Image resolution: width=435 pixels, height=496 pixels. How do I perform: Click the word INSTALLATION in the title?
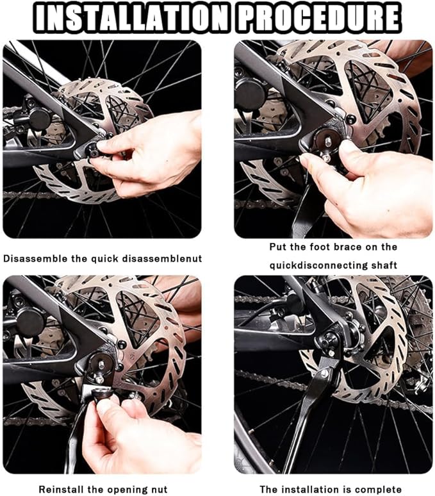coord(131,17)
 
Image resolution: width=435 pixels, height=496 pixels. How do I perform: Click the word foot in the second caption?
coord(320,247)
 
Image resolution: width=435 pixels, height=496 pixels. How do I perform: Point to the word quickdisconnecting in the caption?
coord(318,265)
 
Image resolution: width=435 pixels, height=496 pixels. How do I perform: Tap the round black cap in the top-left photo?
coord(40,119)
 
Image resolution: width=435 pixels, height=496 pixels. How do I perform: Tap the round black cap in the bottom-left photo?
coord(31,322)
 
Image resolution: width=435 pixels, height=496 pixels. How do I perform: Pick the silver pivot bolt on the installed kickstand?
coord(325,373)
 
